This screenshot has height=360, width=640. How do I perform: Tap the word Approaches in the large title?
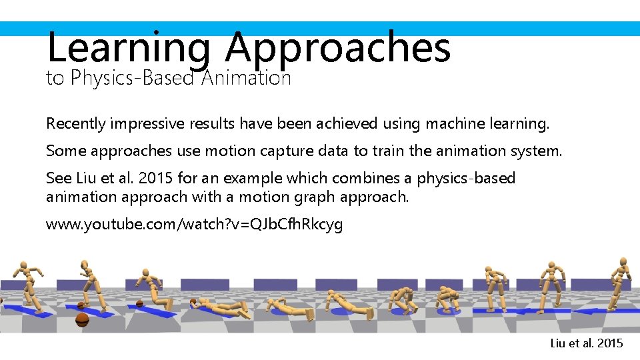pyautogui.click(x=337, y=49)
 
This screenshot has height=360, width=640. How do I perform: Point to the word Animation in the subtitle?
pyautogui.click(x=246, y=79)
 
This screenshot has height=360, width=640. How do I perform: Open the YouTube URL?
pyautogui.click(x=194, y=225)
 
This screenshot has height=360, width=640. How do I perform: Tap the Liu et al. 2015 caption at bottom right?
pyautogui.click(x=587, y=343)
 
